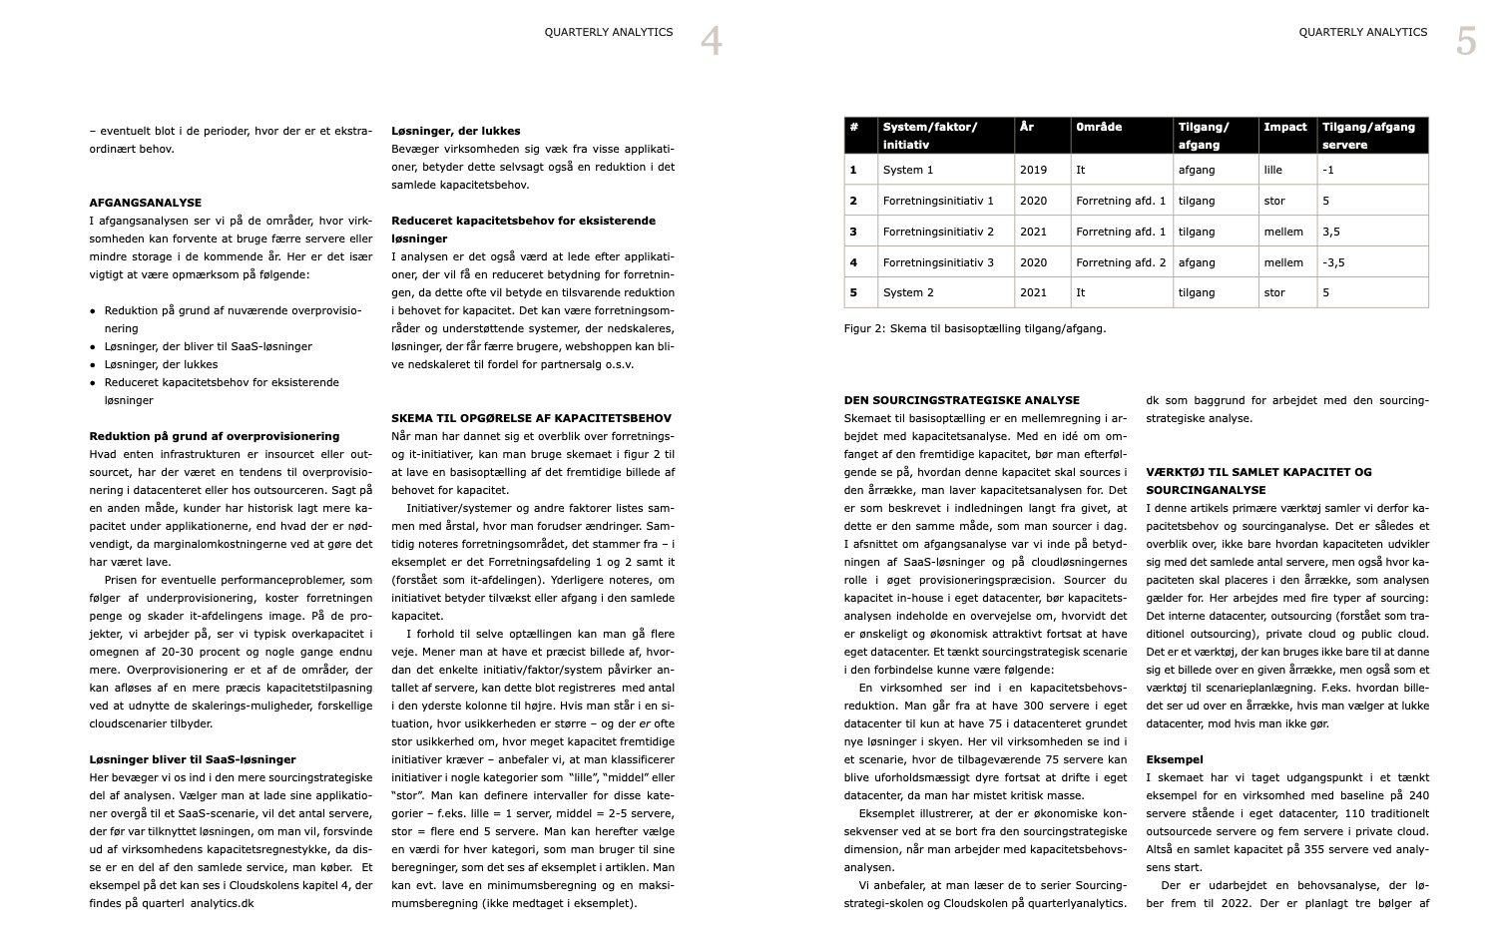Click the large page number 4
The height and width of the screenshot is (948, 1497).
pos(711,42)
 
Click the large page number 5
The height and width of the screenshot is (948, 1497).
pos(1465,42)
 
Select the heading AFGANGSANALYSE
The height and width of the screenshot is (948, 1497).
pos(146,203)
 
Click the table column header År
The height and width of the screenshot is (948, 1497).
pos(1027,127)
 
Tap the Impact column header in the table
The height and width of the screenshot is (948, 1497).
pos(1284,127)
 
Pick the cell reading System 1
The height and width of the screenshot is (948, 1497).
pos(908,170)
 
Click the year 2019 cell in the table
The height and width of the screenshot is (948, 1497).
pos(1033,170)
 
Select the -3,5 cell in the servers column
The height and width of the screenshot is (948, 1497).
pos(1333,262)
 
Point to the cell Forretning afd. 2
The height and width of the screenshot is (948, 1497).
pos(1121,262)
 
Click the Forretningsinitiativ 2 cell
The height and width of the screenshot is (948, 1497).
pos(938,232)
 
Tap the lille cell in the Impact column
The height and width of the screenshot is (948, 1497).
pos(1272,170)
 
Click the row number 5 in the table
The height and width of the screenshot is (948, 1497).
pos(853,292)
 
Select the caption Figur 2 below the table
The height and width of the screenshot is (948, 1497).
pos(974,328)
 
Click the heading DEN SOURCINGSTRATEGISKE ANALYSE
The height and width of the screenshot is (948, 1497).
pos(961,400)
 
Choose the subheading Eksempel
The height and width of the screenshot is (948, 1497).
pos(1175,759)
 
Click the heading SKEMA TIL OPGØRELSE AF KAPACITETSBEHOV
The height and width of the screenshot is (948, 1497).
pos(531,418)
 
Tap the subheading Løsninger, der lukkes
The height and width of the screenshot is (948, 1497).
pos(455,131)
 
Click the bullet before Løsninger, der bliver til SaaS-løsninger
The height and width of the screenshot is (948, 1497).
pos(93,347)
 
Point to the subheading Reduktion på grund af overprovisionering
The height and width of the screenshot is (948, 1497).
pos(215,436)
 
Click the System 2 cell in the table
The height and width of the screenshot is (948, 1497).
pos(908,292)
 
